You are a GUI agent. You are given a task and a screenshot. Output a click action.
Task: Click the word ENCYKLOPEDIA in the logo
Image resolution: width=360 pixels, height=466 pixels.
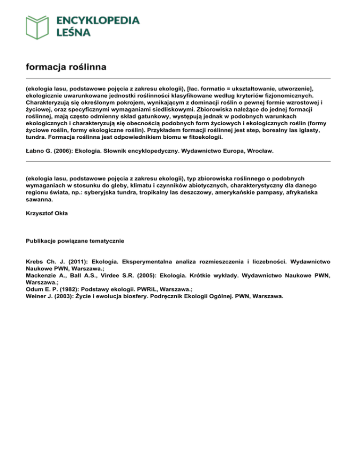pos(97,20)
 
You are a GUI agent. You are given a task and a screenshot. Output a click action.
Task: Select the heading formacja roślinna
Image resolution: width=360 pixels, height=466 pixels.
pos(66,68)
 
